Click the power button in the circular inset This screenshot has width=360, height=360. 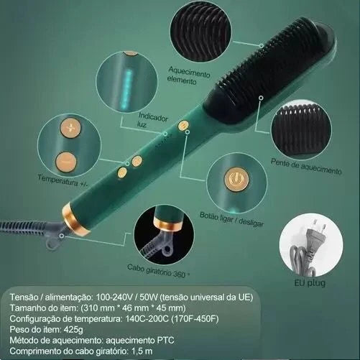pos(236,179)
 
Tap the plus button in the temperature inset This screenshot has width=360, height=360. pos(70,128)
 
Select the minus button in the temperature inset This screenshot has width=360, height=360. pos(66,162)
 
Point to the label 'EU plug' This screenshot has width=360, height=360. pos(310,283)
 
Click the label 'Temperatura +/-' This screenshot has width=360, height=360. pos(60,180)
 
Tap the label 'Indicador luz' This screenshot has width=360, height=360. pos(152,119)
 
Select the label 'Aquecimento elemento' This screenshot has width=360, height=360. pos(189,75)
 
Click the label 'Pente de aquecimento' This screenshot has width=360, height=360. pos(306,167)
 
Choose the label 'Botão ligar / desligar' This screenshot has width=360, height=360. pos(231,219)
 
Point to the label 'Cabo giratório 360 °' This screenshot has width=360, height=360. pos(158,271)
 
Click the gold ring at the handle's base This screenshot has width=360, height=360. pos(75,219)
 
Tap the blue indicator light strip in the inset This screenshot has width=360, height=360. pos(126,88)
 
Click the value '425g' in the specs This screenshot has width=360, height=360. pos(73,330)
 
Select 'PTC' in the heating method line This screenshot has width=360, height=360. pos(165,341)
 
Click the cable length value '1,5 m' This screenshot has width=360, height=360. pos(142,351)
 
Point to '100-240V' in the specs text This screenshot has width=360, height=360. pos(114,297)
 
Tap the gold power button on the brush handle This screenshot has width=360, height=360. pos(183,125)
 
